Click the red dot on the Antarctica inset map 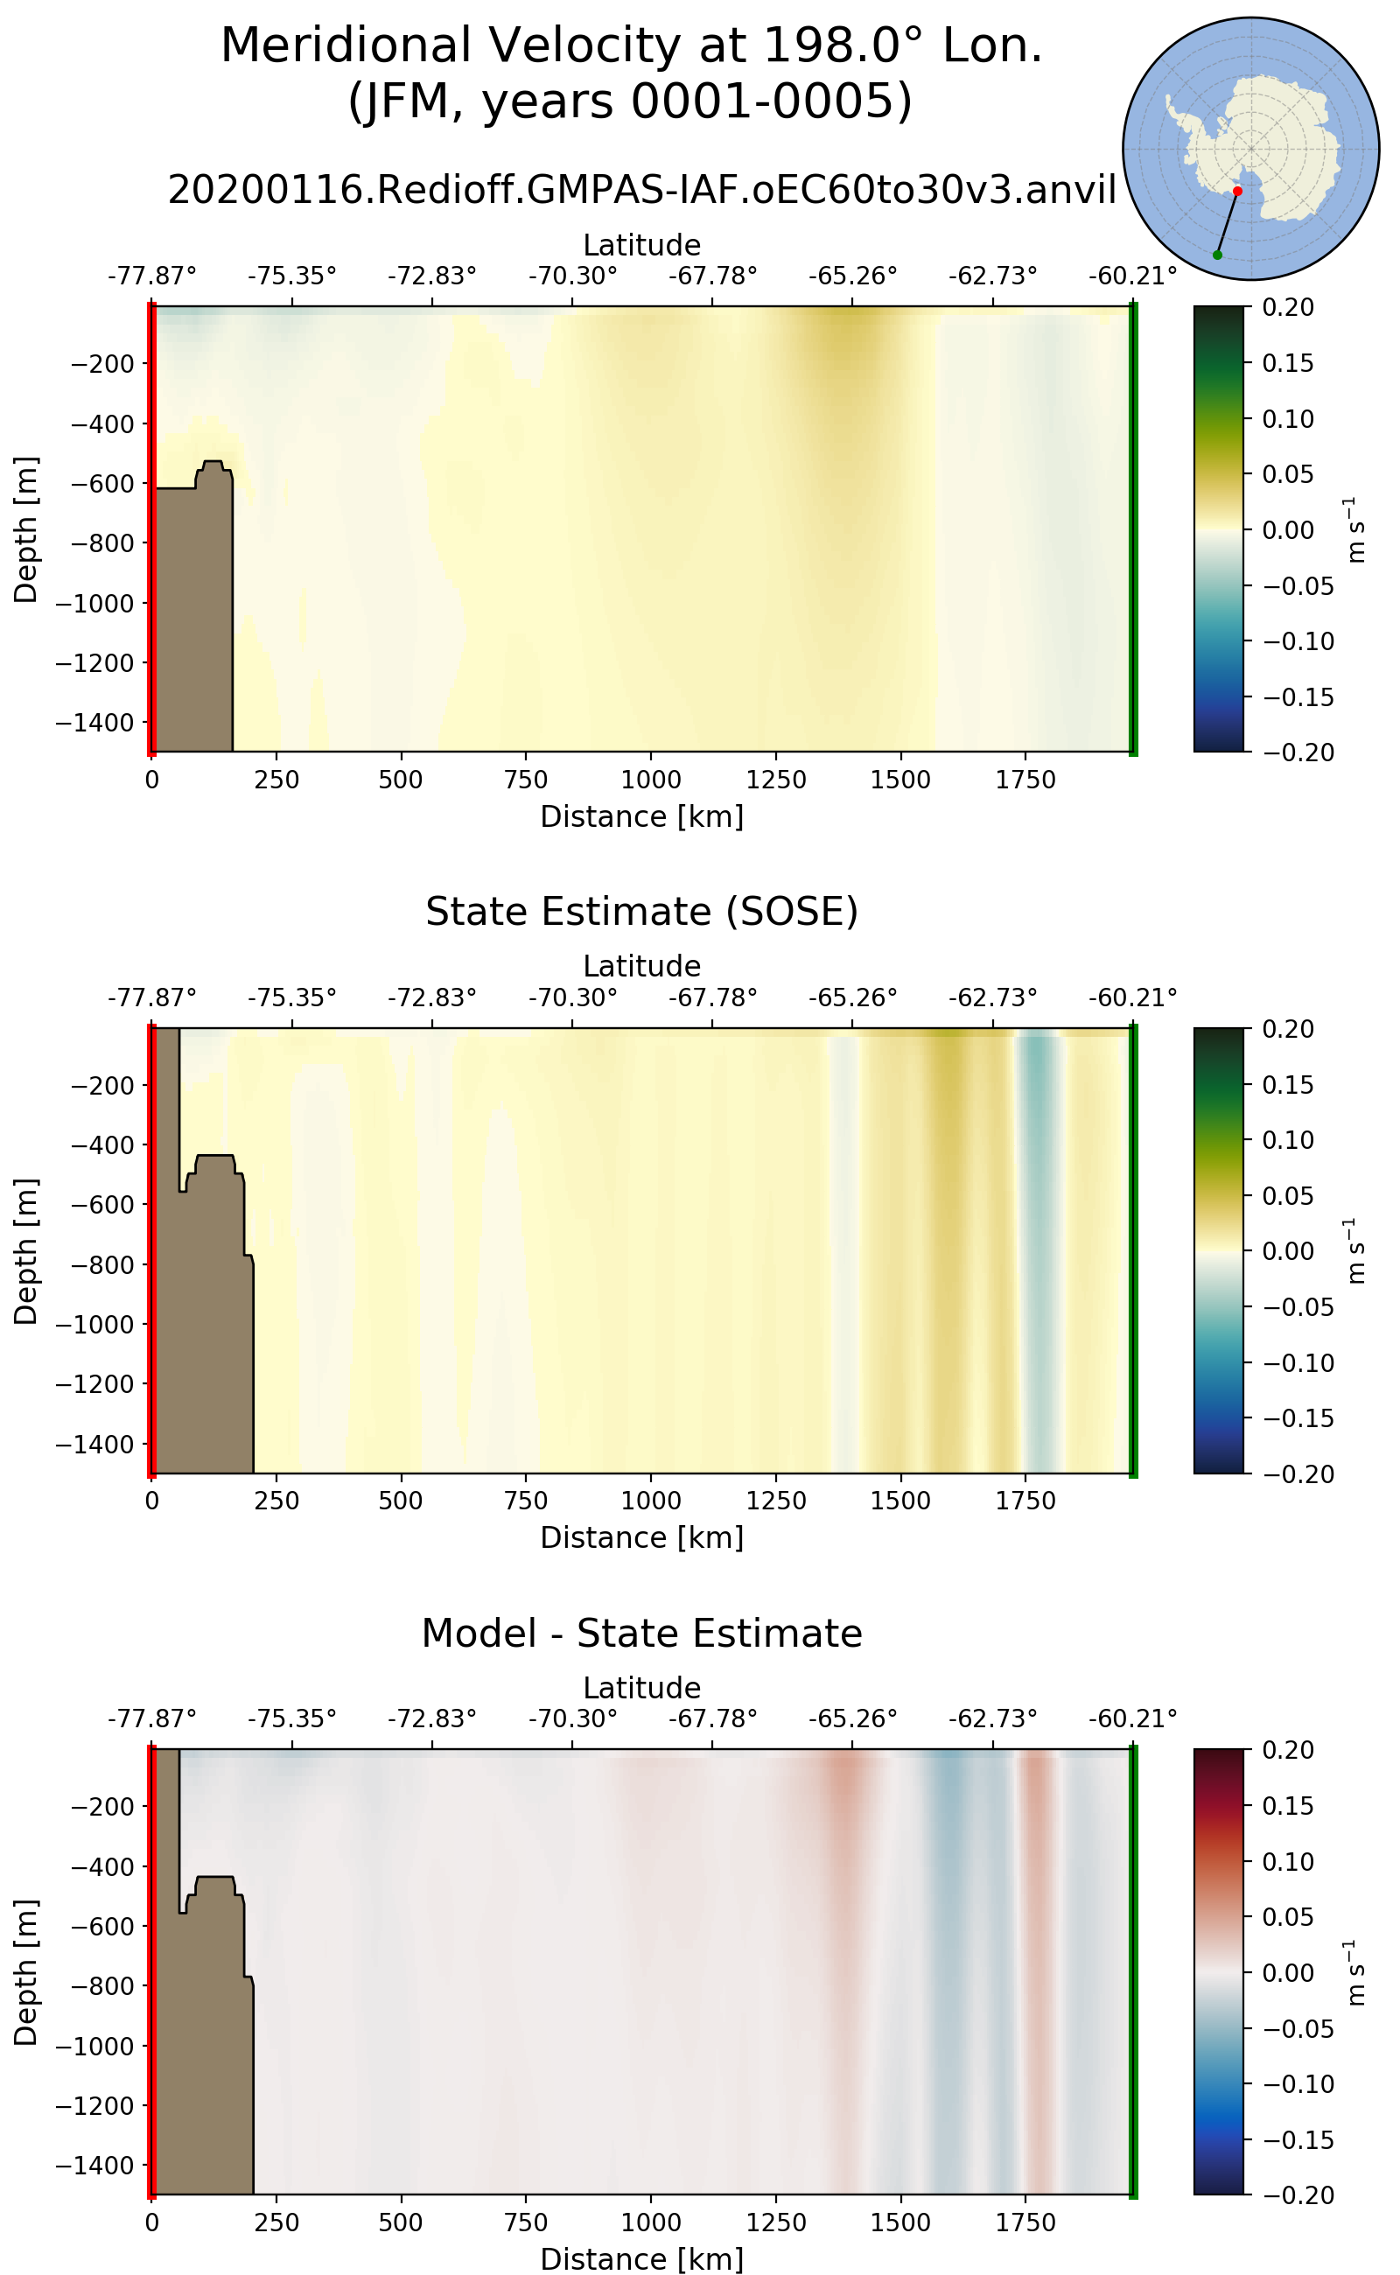[1237, 191]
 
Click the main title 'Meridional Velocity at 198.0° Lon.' [632, 45]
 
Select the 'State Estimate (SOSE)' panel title [641, 911]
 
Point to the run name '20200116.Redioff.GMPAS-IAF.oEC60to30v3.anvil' [641, 190]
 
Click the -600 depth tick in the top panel [102, 483]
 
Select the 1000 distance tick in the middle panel [651, 1501]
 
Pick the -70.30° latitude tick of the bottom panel [572, 1719]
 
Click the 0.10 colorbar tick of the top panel [1288, 418]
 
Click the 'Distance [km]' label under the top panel [641, 816]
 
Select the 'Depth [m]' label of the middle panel [26, 1251]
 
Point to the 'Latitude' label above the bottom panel [641, 1687]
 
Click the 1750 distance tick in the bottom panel [1025, 2222]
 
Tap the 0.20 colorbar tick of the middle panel [1288, 1029]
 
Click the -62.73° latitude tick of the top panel [992, 276]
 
